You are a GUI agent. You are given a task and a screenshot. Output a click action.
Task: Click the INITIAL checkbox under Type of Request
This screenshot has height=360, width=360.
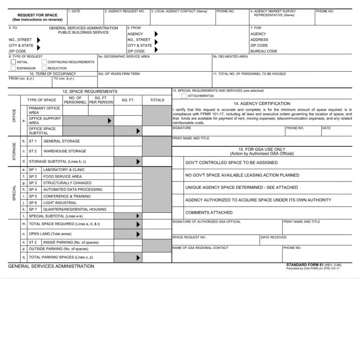[13, 62]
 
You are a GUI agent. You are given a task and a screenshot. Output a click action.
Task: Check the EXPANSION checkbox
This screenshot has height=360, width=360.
[13, 68]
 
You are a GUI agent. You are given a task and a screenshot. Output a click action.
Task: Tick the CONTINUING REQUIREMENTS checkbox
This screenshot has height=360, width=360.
[44, 62]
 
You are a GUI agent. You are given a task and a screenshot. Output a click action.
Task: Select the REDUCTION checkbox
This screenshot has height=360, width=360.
[44, 68]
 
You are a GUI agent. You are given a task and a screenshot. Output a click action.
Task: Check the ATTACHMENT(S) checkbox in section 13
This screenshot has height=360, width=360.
[184, 96]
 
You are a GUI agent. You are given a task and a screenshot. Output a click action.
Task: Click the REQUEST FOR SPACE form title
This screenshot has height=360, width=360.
[37, 15]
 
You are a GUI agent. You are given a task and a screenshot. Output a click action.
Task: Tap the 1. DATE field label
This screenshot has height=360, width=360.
[74, 11]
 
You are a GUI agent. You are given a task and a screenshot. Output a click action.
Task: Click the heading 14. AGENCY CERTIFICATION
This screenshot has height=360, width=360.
[262, 104]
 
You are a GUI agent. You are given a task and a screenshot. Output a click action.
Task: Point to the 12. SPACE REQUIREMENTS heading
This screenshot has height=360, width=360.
[90, 91]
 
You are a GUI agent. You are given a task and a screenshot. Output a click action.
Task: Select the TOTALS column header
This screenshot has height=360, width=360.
[157, 100]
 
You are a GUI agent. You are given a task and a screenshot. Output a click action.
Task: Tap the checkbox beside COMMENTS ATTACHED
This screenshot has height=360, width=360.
[178, 212]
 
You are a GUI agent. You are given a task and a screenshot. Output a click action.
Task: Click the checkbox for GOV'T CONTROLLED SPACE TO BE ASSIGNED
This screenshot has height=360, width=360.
[178, 163]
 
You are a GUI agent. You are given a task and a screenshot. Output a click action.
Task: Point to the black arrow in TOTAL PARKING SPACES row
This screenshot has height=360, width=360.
[138, 257]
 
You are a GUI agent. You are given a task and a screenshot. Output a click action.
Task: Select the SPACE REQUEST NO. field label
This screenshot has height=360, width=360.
[189, 237]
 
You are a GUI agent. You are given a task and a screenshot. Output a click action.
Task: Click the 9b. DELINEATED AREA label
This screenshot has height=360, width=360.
[230, 57]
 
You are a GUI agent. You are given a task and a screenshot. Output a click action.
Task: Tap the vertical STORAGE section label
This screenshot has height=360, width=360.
[14, 151]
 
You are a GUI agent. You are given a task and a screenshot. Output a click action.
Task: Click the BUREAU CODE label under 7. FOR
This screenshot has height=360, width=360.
[263, 51]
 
